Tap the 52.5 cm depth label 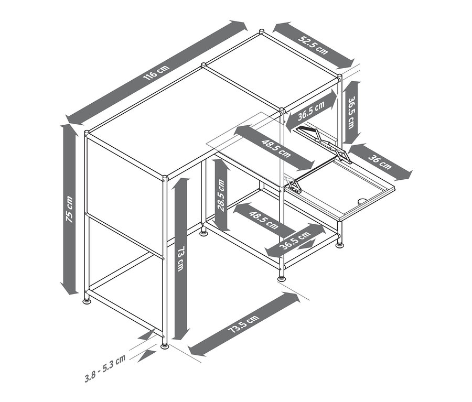coord(313,45)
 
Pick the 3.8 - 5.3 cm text coord(105,368)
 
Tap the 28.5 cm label coord(221,195)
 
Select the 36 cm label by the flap coord(380,162)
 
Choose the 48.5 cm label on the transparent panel coord(276,148)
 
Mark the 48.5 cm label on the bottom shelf coord(264,220)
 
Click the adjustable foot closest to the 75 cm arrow coord(87,301)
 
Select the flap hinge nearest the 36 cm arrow coord(343,155)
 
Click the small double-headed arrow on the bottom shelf coord(304,244)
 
